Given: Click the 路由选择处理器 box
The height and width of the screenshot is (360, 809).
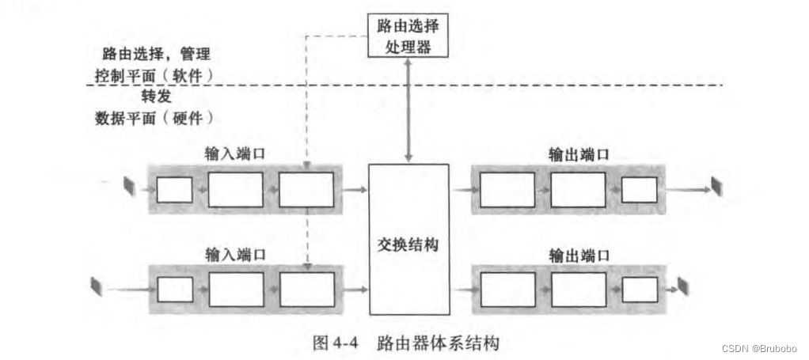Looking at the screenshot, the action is pos(408,36).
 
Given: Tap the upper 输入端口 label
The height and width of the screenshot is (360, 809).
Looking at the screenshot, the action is pos(234,155).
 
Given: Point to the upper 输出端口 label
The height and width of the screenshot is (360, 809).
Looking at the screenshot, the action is pos(579,155).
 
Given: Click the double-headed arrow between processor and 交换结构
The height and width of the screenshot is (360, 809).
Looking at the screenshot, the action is pos(408,111).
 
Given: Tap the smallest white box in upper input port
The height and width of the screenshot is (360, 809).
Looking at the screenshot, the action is pos(174,190).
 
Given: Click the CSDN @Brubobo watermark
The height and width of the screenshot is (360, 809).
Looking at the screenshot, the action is pos(761,349).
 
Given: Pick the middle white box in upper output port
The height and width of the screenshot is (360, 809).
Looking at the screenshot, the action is pos(578,190).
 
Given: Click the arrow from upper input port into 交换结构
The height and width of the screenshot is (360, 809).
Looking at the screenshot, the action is pos(356,190).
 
